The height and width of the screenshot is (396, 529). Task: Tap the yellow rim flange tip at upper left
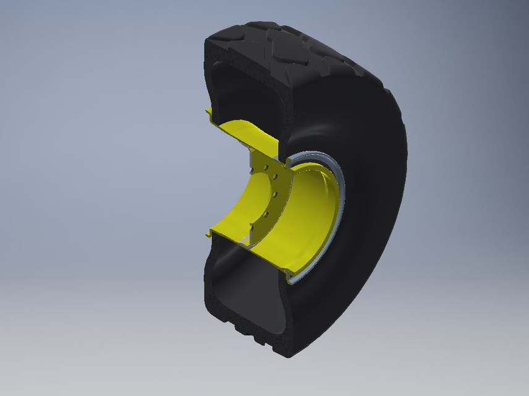click(209, 111)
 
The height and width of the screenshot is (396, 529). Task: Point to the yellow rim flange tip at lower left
click(209, 234)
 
